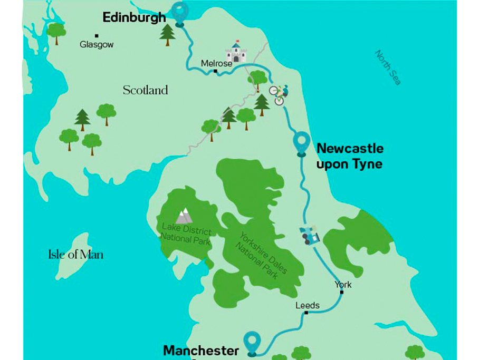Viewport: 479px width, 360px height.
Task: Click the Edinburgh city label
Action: click(134, 17)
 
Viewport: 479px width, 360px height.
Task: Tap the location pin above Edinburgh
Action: click(180, 12)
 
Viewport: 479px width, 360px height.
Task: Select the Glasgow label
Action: click(97, 45)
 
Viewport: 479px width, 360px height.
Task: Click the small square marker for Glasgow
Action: click(97, 36)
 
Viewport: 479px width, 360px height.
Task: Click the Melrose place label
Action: click(216, 63)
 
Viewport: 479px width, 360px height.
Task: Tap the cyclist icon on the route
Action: click(279, 95)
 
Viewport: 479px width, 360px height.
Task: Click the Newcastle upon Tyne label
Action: click(349, 156)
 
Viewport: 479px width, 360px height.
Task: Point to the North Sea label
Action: click(388, 67)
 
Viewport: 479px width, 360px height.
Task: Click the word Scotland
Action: click(145, 90)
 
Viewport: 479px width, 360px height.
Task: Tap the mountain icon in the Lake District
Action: click(184, 215)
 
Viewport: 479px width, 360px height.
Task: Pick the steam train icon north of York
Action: click(310, 235)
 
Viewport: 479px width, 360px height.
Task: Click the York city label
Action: click(342, 285)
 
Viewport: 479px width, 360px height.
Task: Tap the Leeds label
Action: click(307, 305)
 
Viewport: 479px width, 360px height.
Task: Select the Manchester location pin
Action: click(253, 342)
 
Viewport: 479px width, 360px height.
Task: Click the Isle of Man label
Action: click(75, 255)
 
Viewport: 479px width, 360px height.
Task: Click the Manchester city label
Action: click(201, 351)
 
